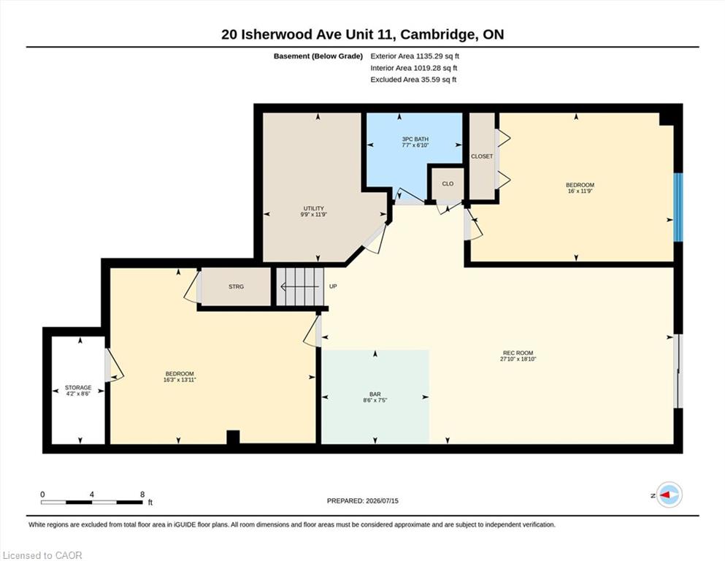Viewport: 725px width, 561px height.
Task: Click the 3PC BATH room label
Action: [415, 139]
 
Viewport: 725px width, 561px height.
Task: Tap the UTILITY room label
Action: [313, 208]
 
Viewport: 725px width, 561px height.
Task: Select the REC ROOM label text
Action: [518, 353]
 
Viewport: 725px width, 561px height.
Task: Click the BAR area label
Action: [375, 394]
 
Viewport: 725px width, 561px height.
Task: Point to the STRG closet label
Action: [236, 287]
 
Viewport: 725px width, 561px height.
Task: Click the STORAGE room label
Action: [78, 388]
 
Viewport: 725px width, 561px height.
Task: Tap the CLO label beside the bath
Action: [448, 183]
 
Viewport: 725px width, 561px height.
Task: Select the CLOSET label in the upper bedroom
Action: [482, 156]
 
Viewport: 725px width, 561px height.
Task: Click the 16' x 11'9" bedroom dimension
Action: [580, 191]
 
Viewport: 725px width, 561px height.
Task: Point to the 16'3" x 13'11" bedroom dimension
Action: [180, 380]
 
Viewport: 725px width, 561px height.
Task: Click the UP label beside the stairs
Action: [333, 286]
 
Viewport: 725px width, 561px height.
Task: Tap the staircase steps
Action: [300, 287]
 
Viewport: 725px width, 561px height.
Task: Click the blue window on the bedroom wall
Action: [678, 207]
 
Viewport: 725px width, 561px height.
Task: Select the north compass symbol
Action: [669, 495]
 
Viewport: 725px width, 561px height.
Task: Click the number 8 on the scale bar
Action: [142, 495]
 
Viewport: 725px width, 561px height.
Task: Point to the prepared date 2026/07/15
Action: [382, 501]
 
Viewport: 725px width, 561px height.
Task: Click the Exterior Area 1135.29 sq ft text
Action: [415, 56]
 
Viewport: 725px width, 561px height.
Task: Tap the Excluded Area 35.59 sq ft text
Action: [413, 80]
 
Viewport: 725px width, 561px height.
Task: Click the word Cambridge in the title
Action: [437, 34]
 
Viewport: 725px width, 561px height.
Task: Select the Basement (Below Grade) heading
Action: [318, 56]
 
